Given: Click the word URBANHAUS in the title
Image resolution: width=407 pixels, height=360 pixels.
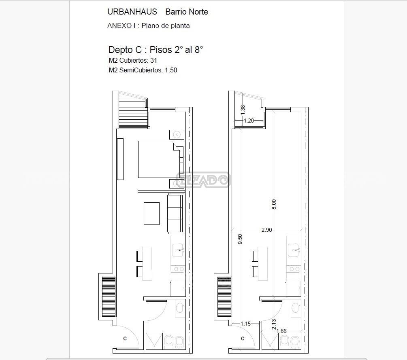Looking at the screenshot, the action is tap(132, 12).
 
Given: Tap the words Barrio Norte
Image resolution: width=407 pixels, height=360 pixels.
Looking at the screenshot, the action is tap(187, 12).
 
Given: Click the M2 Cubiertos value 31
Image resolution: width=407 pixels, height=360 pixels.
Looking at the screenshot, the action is tap(153, 60).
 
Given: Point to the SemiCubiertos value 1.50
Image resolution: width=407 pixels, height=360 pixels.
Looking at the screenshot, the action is tap(171, 70).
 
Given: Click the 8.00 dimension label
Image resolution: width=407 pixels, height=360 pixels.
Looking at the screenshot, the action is tap(274, 204).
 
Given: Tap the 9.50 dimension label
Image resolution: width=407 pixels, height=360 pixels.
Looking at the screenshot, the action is tap(240, 239).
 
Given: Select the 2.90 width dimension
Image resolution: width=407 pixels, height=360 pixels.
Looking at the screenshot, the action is tap(267, 230).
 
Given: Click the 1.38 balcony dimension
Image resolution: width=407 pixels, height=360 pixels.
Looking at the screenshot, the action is tap(243, 110).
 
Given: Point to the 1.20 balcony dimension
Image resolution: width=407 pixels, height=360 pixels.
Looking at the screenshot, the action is tap(249, 121).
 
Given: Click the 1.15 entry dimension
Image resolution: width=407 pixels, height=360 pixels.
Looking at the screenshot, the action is tap(245, 324).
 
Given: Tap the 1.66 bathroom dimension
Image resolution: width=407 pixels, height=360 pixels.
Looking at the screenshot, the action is tap(281, 331).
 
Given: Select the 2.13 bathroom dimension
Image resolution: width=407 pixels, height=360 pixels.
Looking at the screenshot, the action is tap(274, 324).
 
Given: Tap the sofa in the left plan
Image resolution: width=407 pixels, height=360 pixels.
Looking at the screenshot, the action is tap(175, 213).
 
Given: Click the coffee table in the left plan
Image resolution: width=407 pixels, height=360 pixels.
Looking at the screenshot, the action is tap(151, 214).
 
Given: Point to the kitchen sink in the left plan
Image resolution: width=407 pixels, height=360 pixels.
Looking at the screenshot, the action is tap(178, 250).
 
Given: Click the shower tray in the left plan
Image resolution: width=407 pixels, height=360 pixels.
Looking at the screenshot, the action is tap(154, 340).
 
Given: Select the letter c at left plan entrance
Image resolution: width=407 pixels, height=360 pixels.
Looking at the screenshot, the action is tap(125, 338).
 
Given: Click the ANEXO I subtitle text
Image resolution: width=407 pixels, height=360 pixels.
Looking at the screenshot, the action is tap(149, 25).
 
